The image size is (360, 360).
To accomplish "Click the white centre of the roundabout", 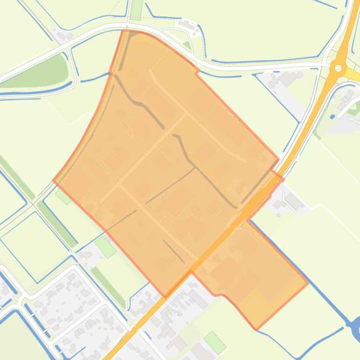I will coord(338,68).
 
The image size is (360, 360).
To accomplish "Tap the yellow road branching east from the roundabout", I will coord(353,74).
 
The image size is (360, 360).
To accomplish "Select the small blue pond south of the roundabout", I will coord(332,104).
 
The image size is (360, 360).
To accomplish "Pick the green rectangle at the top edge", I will coord(137,9).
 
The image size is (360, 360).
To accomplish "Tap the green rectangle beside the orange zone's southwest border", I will coord(105,246).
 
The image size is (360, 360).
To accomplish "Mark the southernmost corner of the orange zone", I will coord(256,329).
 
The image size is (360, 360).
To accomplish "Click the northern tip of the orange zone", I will coord(123,31).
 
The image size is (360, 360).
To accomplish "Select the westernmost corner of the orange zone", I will coord(53,180).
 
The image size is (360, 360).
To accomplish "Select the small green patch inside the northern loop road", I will coord(187,45).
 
